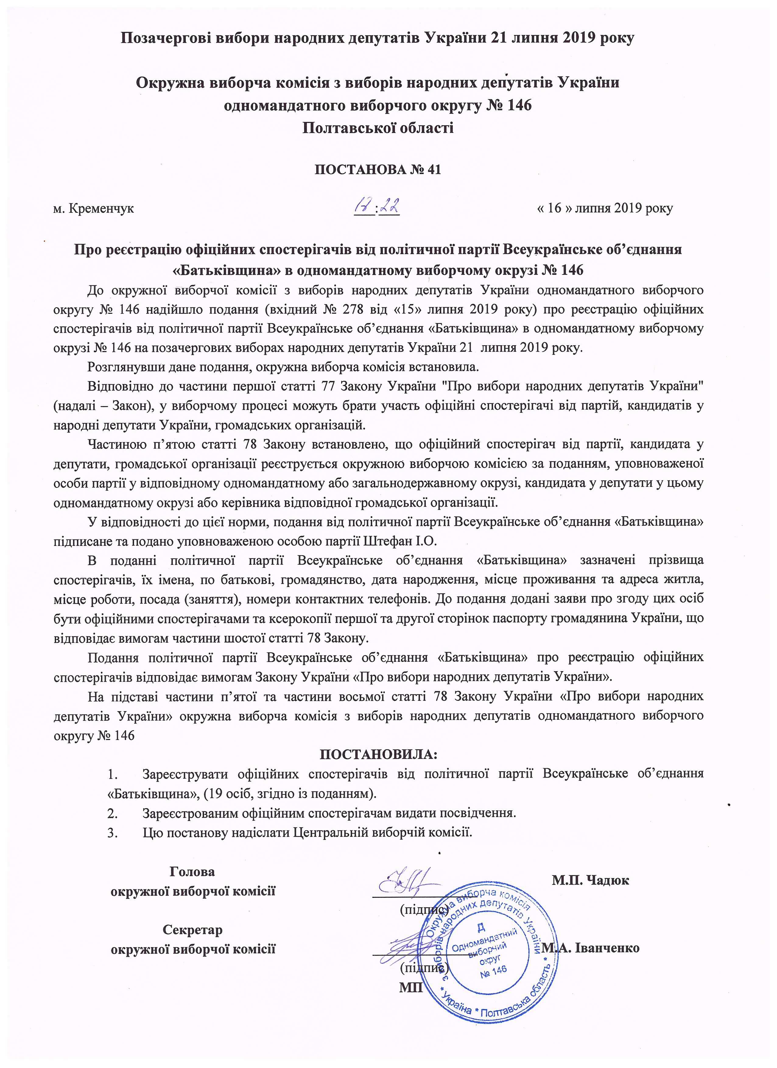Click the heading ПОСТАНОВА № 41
[x=378, y=169]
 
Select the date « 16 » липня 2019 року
[x=605, y=208]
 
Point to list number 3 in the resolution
[x=112, y=832]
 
